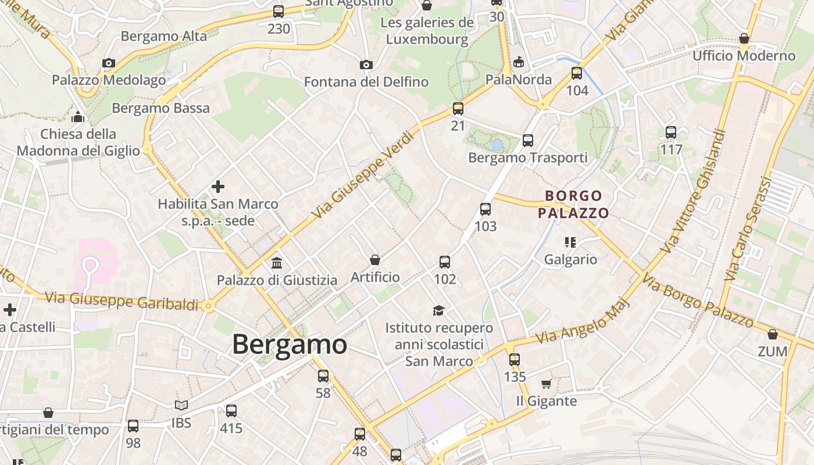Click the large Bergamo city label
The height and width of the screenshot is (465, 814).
point(290,345)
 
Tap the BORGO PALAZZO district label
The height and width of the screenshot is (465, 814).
point(573,204)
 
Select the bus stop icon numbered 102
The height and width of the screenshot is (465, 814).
point(445,262)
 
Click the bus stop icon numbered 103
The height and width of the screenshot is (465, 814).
point(485,209)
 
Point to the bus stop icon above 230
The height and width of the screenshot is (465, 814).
point(279,11)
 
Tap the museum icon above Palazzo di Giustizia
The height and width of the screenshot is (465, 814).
point(277,263)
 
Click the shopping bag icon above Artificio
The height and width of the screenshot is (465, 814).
point(375,260)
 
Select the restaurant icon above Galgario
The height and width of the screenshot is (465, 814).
point(570,242)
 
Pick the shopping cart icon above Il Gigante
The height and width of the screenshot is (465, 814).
point(546,384)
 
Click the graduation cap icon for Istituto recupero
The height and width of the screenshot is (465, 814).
point(438,311)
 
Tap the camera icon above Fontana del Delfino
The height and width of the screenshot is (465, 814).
point(366,65)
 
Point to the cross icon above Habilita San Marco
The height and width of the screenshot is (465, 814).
point(218,187)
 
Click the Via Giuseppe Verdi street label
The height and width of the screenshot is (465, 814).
point(365,175)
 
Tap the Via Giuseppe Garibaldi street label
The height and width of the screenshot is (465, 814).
point(122,301)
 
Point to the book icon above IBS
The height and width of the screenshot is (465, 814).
point(181,405)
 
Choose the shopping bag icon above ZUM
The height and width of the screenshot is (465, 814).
point(773,334)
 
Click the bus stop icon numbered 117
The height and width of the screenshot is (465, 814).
point(671,133)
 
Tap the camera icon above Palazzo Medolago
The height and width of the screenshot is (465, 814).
point(109,63)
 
